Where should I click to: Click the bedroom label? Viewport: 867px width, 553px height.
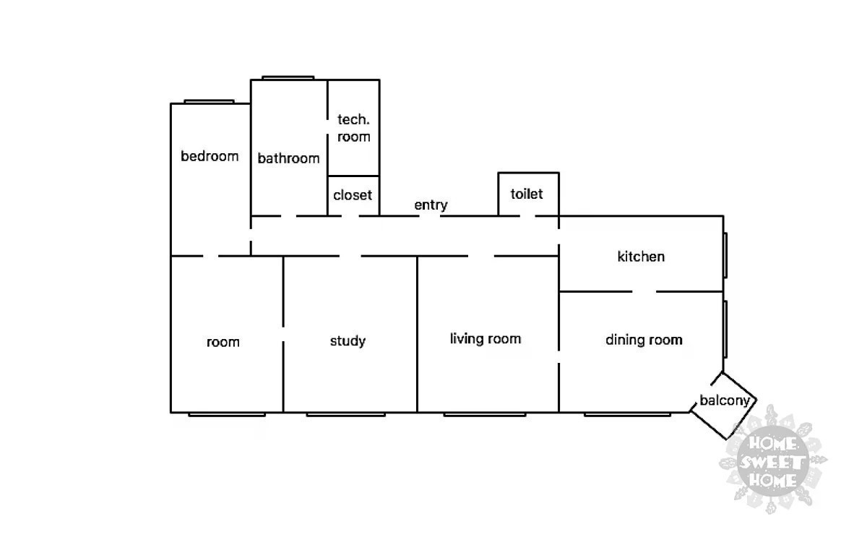pyautogui.click(x=210, y=156)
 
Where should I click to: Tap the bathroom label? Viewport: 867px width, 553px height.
pyautogui.click(x=288, y=158)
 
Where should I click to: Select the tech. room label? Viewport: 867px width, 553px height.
pyautogui.click(x=353, y=128)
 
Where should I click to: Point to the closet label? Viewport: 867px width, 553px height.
pyautogui.click(x=353, y=195)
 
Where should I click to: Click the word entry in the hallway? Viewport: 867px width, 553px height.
pyautogui.click(x=431, y=205)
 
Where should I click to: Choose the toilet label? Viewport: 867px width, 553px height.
pyautogui.click(x=527, y=194)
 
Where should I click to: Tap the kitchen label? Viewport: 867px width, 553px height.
pyautogui.click(x=641, y=257)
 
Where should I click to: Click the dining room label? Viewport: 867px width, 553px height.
pyautogui.click(x=644, y=340)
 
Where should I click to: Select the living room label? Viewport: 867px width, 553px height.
pyautogui.click(x=486, y=339)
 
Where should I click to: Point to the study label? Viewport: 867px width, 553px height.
pyautogui.click(x=348, y=341)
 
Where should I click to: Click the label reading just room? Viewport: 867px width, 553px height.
pyautogui.click(x=223, y=342)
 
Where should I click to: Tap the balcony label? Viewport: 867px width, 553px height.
pyautogui.click(x=726, y=400)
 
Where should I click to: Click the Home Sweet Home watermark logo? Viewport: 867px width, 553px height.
pyautogui.click(x=772, y=460)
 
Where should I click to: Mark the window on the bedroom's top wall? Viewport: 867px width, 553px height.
pyautogui.click(x=209, y=101)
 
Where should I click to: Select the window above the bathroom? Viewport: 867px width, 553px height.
pyautogui.click(x=288, y=77)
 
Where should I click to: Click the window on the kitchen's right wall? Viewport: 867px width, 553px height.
pyautogui.click(x=725, y=254)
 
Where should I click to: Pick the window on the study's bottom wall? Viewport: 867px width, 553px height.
pyautogui.click(x=345, y=414)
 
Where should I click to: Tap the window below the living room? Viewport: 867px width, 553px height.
pyautogui.click(x=484, y=414)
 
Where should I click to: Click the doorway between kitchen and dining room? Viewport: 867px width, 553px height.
pyautogui.click(x=644, y=292)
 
